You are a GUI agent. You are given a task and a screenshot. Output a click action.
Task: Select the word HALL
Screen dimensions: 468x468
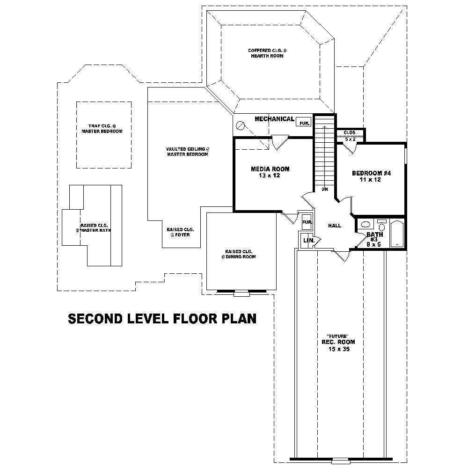[x=334, y=226]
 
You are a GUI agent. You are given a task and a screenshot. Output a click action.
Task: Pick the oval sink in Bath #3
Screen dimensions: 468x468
[x=366, y=225]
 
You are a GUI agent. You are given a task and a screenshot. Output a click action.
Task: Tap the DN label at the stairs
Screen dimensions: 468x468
[x=324, y=190]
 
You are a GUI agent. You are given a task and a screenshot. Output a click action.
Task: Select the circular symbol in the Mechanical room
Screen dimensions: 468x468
[x=241, y=125]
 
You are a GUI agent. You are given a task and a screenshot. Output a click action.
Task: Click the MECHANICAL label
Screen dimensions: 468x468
[x=274, y=119]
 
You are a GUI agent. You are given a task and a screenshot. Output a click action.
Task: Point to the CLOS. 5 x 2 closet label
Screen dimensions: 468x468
[x=350, y=136]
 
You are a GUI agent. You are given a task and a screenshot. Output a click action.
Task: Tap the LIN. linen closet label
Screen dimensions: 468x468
[x=308, y=241]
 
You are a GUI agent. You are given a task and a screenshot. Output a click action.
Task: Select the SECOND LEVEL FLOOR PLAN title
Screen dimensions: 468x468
[x=162, y=319]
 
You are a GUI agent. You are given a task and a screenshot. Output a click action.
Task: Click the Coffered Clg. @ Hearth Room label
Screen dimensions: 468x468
[x=266, y=53]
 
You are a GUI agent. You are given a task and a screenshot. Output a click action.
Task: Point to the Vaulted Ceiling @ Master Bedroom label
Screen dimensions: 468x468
[x=187, y=152]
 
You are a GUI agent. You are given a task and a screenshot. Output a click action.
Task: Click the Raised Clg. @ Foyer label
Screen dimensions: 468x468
[x=180, y=232]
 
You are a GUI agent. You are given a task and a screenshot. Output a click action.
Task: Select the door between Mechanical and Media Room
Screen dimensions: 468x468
[x=280, y=142]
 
